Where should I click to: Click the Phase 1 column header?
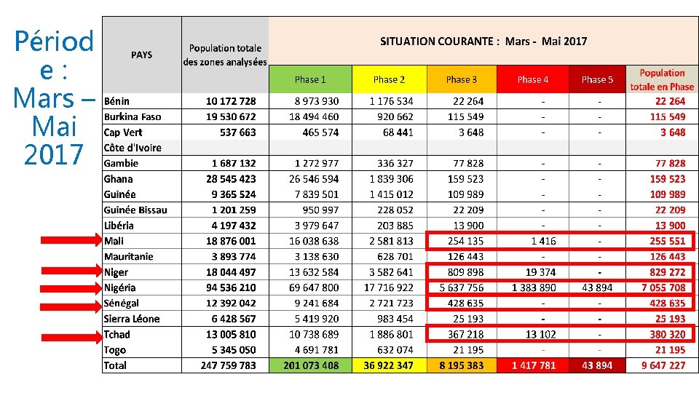(310, 79)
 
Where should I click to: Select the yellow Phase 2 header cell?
(389, 79)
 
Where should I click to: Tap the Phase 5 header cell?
(597, 79)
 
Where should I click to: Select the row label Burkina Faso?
(133, 116)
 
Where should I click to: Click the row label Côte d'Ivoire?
(133, 148)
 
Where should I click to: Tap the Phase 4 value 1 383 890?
(534, 287)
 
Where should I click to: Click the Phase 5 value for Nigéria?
(597, 287)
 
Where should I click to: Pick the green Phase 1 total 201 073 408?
(310, 365)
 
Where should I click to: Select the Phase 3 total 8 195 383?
(462, 365)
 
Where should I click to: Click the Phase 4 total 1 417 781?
(534, 365)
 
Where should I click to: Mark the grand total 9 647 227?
(663, 365)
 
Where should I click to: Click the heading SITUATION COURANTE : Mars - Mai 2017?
(483, 41)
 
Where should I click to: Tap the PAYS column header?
(141, 55)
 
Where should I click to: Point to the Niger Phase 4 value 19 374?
(540, 272)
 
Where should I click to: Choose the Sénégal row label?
(122, 303)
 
